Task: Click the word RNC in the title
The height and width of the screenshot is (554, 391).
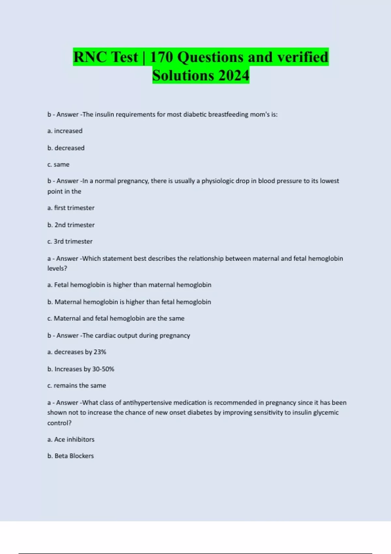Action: click(x=90, y=57)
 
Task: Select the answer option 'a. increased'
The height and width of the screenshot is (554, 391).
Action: click(x=65, y=131)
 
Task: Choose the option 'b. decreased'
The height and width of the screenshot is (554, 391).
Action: click(x=66, y=148)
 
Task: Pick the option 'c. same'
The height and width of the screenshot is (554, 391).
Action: click(x=58, y=165)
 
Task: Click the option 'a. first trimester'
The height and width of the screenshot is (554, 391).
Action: click(x=71, y=208)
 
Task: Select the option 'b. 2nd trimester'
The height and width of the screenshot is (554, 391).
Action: click(x=71, y=225)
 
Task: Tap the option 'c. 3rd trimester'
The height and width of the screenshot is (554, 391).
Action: click(x=70, y=241)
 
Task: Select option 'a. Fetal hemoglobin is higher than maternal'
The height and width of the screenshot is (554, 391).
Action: click(x=129, y=285)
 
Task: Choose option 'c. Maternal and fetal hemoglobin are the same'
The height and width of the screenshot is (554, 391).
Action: click(x=116, y=318)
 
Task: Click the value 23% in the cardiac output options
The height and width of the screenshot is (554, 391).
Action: click(x=100, y=352)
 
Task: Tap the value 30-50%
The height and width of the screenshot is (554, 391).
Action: click(x=103, y=369)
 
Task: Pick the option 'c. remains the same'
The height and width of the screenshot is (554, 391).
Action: click(x=77, y=386)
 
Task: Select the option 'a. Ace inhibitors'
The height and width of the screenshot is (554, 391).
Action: click(x=71, y=439)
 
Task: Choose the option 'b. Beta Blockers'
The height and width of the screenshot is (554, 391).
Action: click(x=70, y=456)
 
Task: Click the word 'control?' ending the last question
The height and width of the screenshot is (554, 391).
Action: click(x=59, y=423)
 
